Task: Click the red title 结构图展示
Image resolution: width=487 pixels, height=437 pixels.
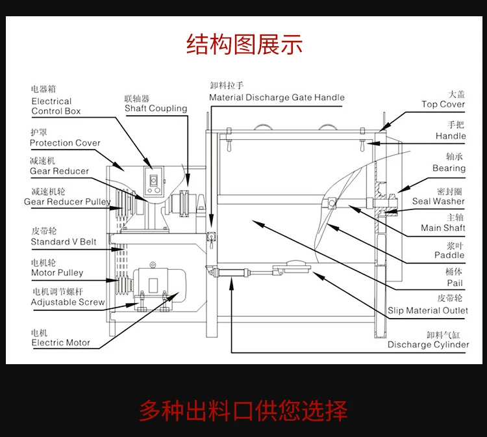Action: [244, 46]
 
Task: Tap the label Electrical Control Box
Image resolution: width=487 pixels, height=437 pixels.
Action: [56, 106]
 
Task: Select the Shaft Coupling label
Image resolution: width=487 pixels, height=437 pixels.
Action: [156, 109]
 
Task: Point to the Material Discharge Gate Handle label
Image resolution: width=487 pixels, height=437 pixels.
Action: [277, 98]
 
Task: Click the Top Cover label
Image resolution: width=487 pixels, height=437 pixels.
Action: [443, 104]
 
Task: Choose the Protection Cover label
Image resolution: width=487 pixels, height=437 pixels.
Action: [65, 143]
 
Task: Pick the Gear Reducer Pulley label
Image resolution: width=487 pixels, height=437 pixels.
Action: [67, 202]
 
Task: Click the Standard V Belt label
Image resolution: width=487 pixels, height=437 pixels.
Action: [64, 242]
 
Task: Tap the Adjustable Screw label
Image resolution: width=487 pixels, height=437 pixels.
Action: [68, 302]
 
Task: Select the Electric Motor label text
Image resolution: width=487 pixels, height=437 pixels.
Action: [61, 343]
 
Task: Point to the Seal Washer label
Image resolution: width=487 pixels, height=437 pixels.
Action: [438, 202]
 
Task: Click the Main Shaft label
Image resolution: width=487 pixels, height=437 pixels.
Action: [443, 228]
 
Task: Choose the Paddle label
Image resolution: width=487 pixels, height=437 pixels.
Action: [449, 256]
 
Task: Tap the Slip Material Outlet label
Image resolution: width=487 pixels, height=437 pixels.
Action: [428, 311]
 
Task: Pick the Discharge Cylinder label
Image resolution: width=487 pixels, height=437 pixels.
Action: [428, 345]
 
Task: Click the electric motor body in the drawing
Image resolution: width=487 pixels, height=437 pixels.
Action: [159, 286]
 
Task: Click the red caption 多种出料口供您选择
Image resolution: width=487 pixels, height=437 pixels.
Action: [243, 411]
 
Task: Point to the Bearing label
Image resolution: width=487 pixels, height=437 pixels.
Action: [449, 168]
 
